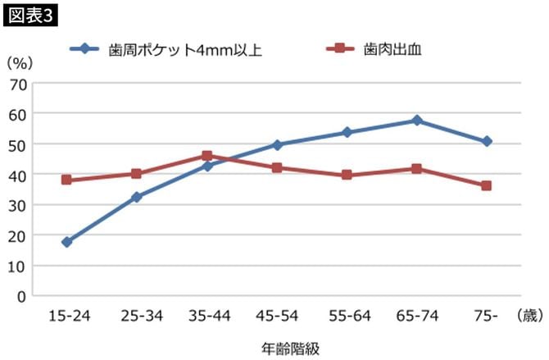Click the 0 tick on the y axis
pyautogui.click(x=22, y=296)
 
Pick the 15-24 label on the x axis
pyautogui.click(x=66, y=315)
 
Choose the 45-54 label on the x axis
pyautogui.click(x=277, y=315)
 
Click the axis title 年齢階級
pyautogui.click(x=275, y=346)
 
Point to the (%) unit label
pyautogui.click(x=18, y=62)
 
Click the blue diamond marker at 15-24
pyautogui.click(x=66, y=242)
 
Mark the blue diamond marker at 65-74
pyautogui.click(x=416, y=121)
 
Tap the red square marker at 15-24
pyautogui.click(x=66, y=180)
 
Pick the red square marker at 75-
pyautogui.click(x=487, y=185)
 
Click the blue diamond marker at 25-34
pyautogui.click(x=137, y=197)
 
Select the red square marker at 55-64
pyautogui.click(x=347, y=175)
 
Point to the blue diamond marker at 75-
pyautogui.click(x=487, y=141)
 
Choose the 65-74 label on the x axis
pyautogui.click(x=416, y=315)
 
